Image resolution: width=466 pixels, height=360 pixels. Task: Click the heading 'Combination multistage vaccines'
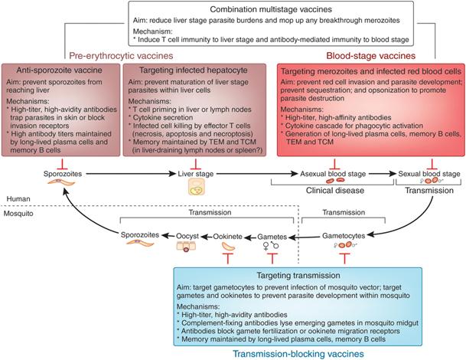[233, 8]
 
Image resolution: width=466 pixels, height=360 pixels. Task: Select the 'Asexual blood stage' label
[335, 174]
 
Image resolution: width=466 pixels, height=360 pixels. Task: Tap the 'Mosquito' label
[19, 216]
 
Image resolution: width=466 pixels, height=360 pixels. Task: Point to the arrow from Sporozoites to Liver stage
[122, 174]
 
